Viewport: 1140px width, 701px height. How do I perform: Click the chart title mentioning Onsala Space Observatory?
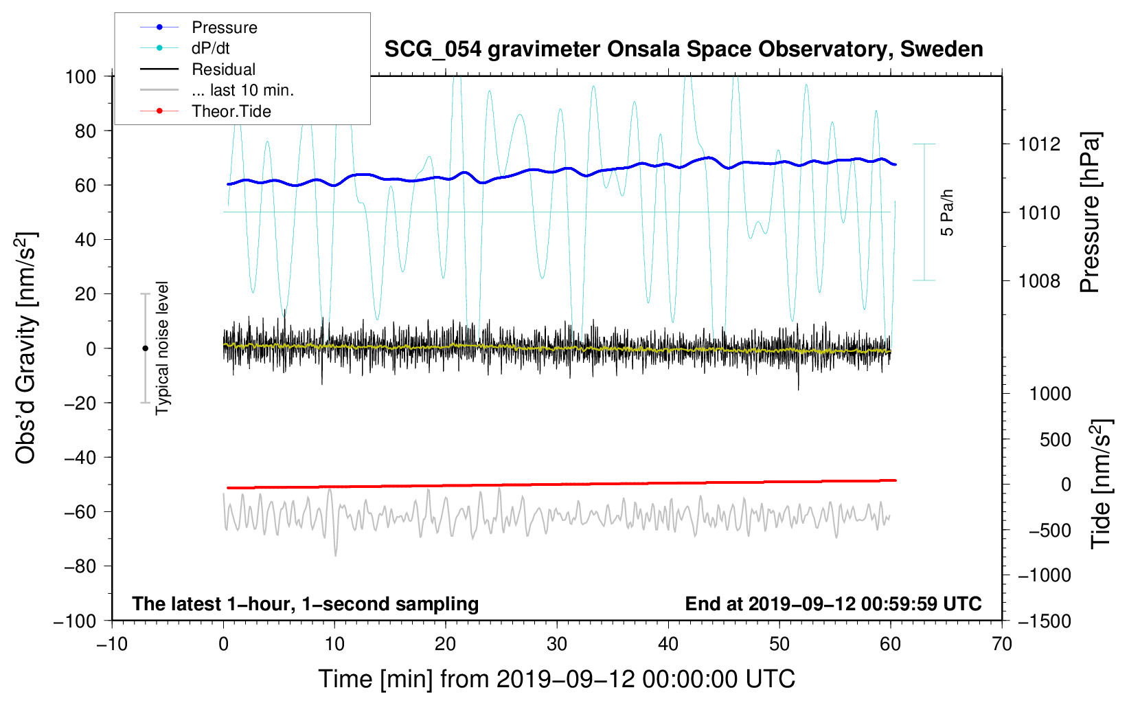pos(683,49)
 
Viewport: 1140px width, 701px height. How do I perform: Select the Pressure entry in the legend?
pos(224,27)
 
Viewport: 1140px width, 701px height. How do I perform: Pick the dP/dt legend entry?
pos(210,48)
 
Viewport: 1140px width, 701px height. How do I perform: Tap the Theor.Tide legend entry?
pos(231,111)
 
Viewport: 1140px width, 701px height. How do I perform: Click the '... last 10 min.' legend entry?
pos(242,90)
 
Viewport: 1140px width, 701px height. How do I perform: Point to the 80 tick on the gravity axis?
pos(85,131)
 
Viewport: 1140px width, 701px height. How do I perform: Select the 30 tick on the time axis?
pos(557,644)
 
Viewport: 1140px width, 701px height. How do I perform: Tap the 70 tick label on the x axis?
pos(1002,644)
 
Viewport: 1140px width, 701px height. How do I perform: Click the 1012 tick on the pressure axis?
pos(1039,144)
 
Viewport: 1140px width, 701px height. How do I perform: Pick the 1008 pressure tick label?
pos(1039,280)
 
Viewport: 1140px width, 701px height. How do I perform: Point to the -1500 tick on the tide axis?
pos(1045,621)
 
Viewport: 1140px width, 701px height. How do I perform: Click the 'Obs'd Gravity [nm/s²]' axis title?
pos(26,348)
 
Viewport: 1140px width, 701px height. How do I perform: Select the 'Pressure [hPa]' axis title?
pos(1090,212)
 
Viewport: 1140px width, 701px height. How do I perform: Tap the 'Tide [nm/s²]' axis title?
pos(1101,483)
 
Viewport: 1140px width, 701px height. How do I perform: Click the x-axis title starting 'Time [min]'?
pos(556,679)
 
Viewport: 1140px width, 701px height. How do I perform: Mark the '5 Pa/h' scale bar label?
pos(947,212)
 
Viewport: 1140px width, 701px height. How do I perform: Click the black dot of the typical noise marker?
pos(145,348)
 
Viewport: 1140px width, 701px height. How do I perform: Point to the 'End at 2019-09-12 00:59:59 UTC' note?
pos(833,603)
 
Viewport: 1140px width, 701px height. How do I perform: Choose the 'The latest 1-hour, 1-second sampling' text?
pos(305,603)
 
